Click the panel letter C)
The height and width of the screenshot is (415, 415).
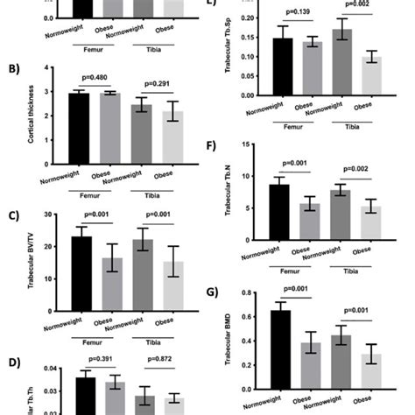point(13,215)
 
